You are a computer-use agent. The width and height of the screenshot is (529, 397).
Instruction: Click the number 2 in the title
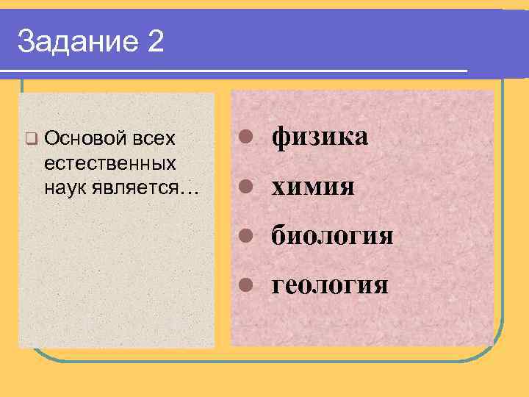tap(155, 42)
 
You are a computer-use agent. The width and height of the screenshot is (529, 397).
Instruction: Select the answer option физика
tap(320, 137)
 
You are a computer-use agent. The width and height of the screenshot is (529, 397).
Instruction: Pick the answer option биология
tap(333, 236)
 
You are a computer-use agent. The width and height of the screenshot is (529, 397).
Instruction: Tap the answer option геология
tap(330, 284)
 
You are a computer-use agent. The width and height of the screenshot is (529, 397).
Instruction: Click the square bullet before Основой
tap(30, 137)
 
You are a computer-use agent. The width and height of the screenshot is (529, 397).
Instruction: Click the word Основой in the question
tap(81, 137)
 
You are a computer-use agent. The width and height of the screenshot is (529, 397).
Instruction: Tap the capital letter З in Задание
tap(26, 43)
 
